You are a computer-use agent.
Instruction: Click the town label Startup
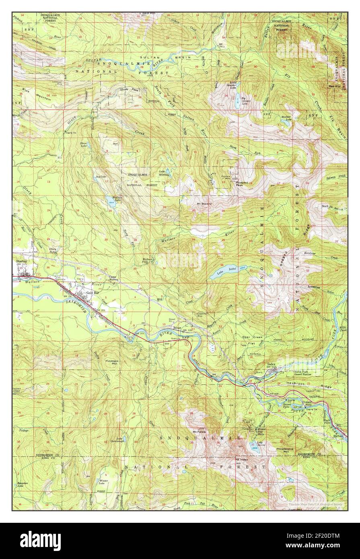coord(21,261)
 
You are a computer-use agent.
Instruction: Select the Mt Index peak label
coord(241,460)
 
